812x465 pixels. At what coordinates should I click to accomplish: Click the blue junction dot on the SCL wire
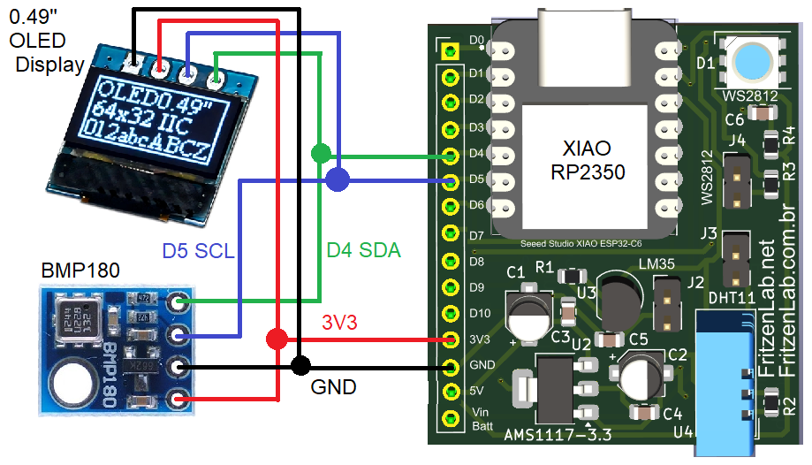(x=337, y=181)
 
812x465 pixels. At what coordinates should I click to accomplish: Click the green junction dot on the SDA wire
(x=322, y=153)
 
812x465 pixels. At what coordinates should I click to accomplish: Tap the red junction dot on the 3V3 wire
(x=277, y=338)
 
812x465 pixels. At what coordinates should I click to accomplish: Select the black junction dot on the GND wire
(x=301, y=364)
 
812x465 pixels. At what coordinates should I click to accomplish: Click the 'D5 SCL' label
(x=198, y=251)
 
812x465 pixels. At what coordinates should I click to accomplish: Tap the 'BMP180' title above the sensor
(x=80, y=269)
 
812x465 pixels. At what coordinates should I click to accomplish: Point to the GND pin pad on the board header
(x=451, y=366)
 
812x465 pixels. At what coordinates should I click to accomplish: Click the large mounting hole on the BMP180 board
(x=72, y=386)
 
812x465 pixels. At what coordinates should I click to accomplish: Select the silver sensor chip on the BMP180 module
(x=78, y=320)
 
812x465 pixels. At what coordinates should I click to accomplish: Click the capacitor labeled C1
(x=528, y=314)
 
